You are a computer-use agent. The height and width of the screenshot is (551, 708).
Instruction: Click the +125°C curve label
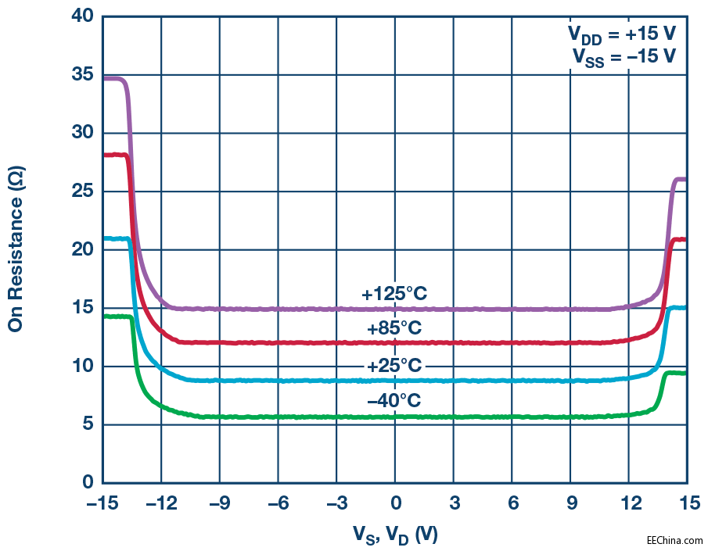(x=394, y=294)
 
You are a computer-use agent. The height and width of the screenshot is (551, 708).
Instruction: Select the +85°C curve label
(x=394, y=328)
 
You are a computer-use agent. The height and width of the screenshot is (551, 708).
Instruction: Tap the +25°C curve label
(x=394, y=366)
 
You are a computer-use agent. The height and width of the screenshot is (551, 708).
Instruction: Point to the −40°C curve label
(x=394, y=401)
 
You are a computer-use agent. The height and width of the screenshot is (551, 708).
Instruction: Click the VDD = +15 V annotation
(x=621, y=35)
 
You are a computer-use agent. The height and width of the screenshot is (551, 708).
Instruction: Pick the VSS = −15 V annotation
(x=621, y=58)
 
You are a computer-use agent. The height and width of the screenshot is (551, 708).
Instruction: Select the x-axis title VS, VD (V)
(x=394, y=534)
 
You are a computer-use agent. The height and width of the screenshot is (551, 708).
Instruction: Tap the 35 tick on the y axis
(x=81, y=75)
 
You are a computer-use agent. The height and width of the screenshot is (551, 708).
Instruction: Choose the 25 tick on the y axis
(x=81, y=191)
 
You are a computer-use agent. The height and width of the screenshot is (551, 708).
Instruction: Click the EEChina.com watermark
(x=674, y=539)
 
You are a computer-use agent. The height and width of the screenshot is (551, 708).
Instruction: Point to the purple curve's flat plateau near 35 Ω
(x=114, y=79)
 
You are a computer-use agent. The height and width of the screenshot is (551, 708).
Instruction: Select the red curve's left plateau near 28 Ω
(x=114, y=155)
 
